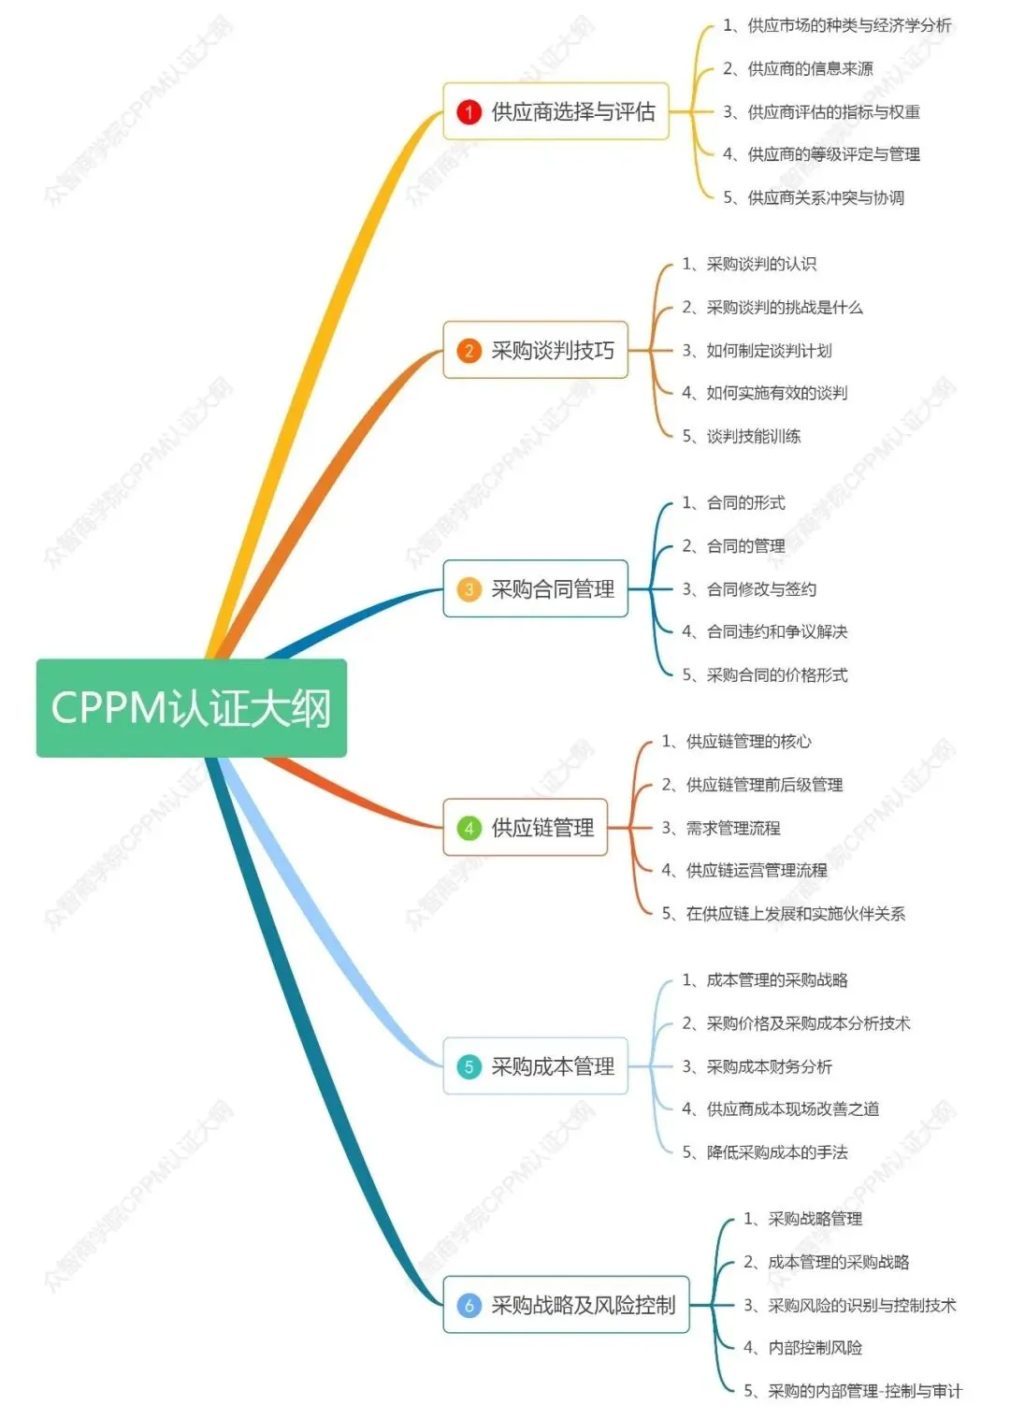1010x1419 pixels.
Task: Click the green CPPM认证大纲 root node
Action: point(191,708)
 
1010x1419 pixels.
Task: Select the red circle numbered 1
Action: point(469,112)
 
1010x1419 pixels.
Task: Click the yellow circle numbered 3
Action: point(469,589)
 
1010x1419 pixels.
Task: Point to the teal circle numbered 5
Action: point(469,1066)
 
